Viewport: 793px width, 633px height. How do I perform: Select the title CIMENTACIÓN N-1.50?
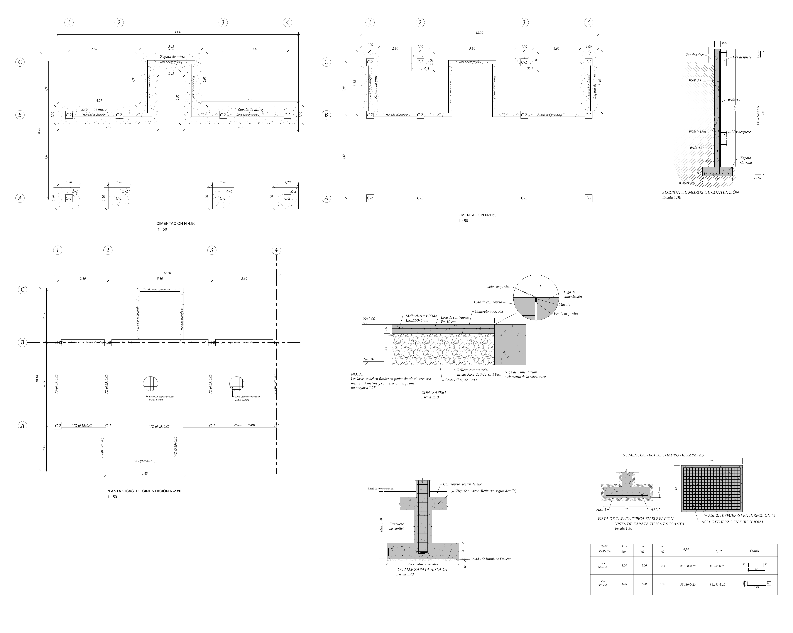(x=477, y=215)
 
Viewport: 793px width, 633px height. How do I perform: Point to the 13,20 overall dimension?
(x=479, y=33)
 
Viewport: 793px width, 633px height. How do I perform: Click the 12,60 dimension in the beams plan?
(x=167, y=273)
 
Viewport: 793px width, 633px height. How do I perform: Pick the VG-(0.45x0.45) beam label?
(x=160, y=426)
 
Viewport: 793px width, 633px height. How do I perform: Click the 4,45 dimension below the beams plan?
(x=145, y=474)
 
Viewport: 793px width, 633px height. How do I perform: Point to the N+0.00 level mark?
(x=369, y=319)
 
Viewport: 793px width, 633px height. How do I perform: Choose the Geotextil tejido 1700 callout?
(x=460, y=380)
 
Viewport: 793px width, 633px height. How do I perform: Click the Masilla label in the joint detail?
(x=564, y=304)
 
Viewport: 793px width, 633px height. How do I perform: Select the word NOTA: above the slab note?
(x=357, y=374)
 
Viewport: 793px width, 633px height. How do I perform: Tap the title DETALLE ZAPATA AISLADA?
(x=421, y=569)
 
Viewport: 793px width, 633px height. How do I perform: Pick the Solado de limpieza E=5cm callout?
(x=490, y=559)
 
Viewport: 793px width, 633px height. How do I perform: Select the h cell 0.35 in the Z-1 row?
(x=662, y=566)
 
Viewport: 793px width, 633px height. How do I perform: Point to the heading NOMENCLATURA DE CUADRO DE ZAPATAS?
(x=663, y=455)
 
